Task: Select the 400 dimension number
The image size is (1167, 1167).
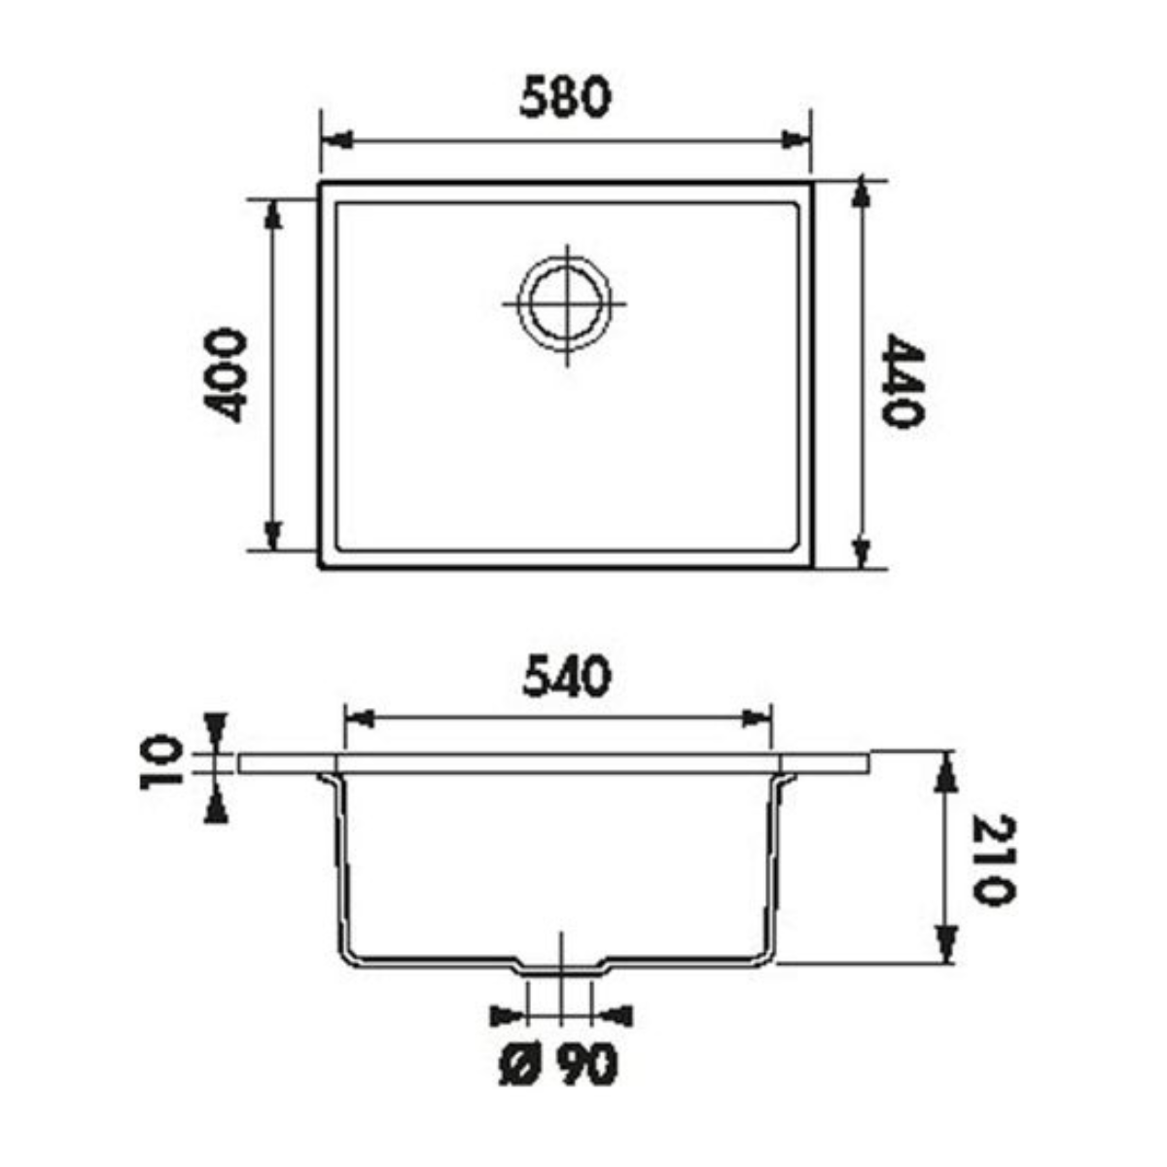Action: (x=226, y=375)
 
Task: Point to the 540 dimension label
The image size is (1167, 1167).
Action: (x=566, y=678)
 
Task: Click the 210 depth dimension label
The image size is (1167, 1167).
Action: (x=994, y=860)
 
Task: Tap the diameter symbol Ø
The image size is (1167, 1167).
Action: (x=519, y=1066)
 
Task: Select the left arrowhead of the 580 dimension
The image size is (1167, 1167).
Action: (x=336, y=140)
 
